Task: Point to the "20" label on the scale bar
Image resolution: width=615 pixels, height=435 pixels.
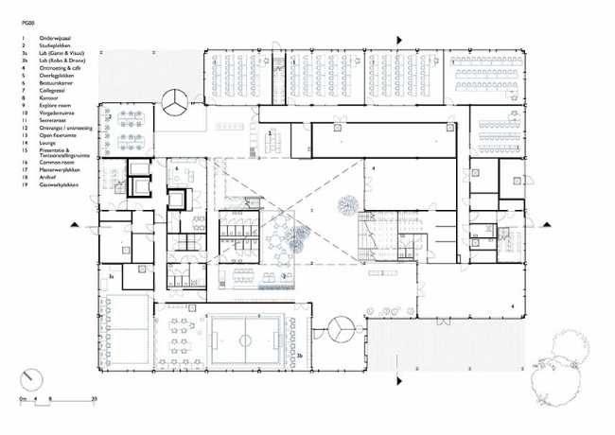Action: [95, 401]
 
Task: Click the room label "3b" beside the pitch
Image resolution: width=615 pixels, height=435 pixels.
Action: [299, 355]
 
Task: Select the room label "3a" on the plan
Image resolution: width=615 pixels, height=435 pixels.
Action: [111, 275]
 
